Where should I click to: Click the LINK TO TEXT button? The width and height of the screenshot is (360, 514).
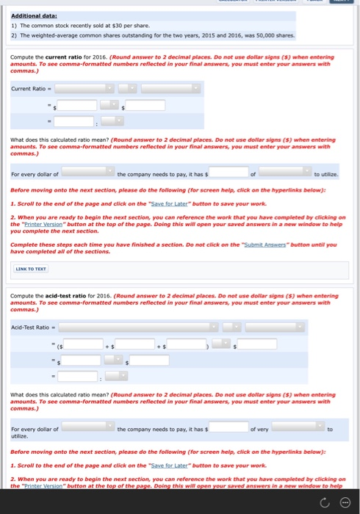(31, 268)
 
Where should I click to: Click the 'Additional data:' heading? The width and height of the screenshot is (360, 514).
(35, 15)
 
